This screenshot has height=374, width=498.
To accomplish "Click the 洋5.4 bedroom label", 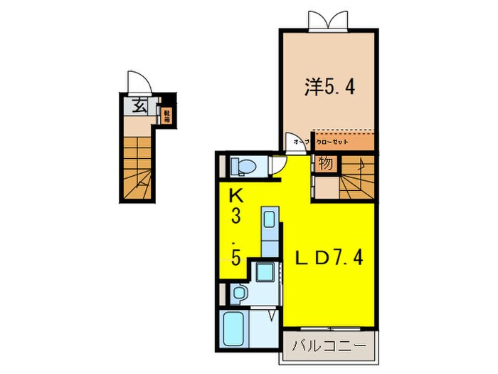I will point(330,88).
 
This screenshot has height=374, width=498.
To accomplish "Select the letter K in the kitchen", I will point(234,194).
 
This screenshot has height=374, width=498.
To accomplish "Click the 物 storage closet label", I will point(325,164).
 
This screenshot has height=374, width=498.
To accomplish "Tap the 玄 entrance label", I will point(140,108).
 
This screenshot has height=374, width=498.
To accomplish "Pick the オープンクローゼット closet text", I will point(321,142).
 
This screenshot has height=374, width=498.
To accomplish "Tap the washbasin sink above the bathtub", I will point(240,292).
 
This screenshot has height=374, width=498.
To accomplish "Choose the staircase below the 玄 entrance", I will point(139,167).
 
